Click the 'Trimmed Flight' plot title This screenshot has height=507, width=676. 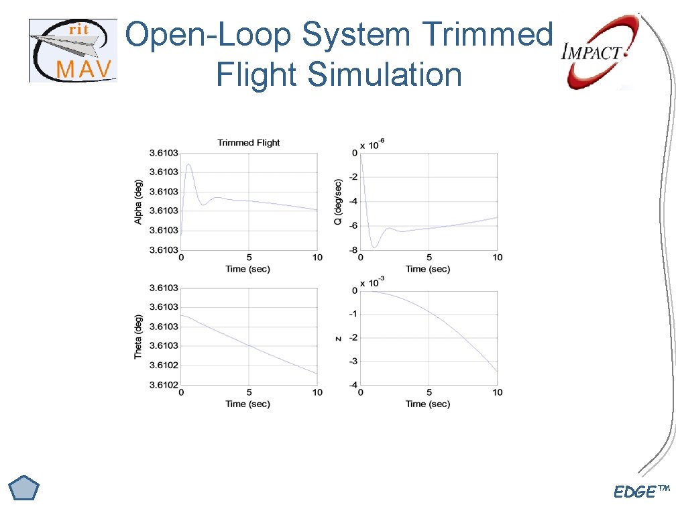(x=248, y=142)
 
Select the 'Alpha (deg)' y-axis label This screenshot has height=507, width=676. (x=139, y=201)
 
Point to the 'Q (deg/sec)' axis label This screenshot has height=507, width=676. (x=339, y=201)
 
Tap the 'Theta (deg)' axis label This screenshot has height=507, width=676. (x=139, y=337)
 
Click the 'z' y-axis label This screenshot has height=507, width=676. (x=339, y=338)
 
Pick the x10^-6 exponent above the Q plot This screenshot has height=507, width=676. (x=372, y=144)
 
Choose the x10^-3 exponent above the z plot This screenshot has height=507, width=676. (x=372, y=280)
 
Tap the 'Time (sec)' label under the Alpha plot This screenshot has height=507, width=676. (x=248, y=269)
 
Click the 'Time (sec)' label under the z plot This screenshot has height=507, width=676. (x=428, y=404)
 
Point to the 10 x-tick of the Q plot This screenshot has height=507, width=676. (x=497, y=258)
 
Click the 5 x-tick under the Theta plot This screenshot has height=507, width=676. (x=248, y=393)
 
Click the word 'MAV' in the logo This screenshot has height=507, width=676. (x=84, y=68)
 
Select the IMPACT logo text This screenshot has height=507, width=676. (x=592, y=52)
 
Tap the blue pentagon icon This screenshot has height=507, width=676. (x=25, y=489)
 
